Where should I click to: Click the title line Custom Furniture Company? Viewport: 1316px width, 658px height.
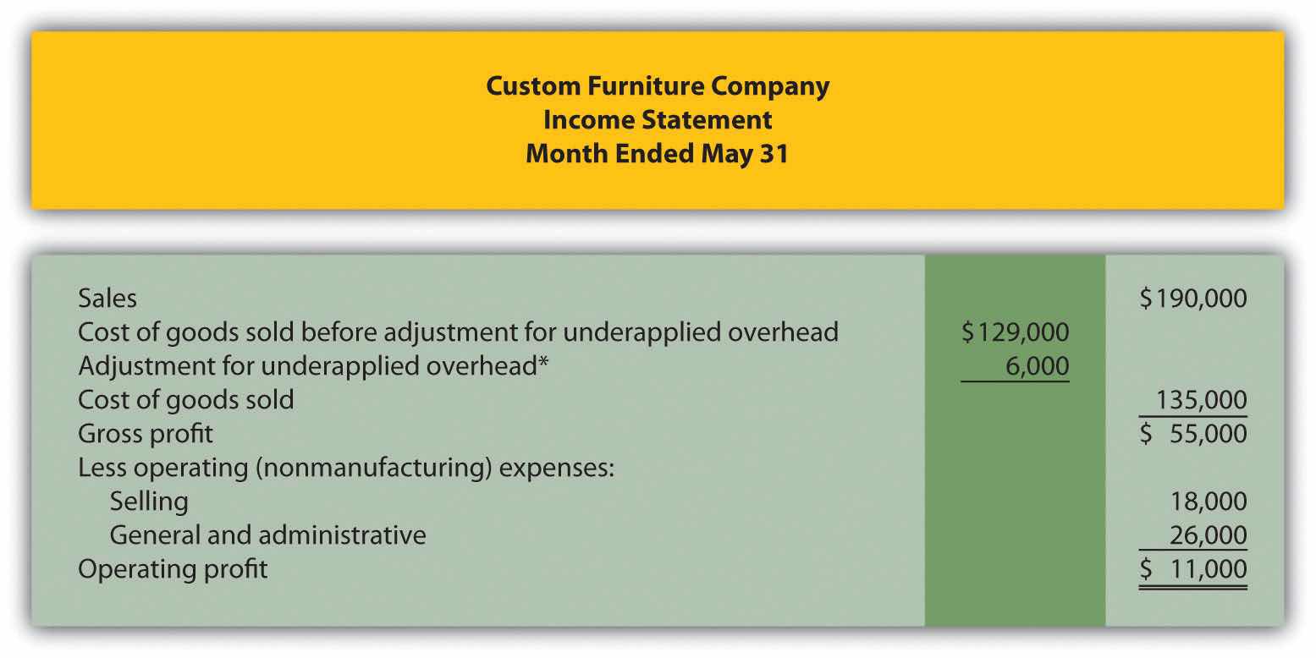pyautogui.click(x=658, y=87)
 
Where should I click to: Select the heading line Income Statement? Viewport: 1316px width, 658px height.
pyautogui.click(x=658, y=120)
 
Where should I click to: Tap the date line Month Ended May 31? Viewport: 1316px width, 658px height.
pyautogui.click(x=657, y=154)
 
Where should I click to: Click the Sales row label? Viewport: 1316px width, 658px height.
pyautogui.click(x=107, y=299)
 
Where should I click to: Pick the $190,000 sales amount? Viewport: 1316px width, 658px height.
pyautogui.click(x=1192, y=299)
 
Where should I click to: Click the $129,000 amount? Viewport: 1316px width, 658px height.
pyautogui.click(x=1016, y=332)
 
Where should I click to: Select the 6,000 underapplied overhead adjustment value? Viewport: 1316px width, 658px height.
pyautogui.click(x=1037, y=366)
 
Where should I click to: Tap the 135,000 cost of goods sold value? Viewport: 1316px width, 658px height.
pyautogui.click(x=1201, y=400)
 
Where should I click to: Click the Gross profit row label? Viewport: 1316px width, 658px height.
pyautogui.click(x=145, y=435)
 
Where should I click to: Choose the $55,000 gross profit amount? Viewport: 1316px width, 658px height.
pyautogui.click(x=1192, y=435)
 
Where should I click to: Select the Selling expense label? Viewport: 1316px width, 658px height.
pyautogui.click(x=149, y=502)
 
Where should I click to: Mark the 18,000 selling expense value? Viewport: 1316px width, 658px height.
pyautogui.click(x=1209, y=502)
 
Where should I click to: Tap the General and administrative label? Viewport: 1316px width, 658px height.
pyautogui.click(x=268, y=535)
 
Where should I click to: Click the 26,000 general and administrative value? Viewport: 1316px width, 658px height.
pyautogui.click(x=1208, y=535)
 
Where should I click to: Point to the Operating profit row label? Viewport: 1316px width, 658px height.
pyautogui.click(x=173, y=570)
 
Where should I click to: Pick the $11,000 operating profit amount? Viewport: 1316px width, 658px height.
pyautogui.click(x=1192, y=569)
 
